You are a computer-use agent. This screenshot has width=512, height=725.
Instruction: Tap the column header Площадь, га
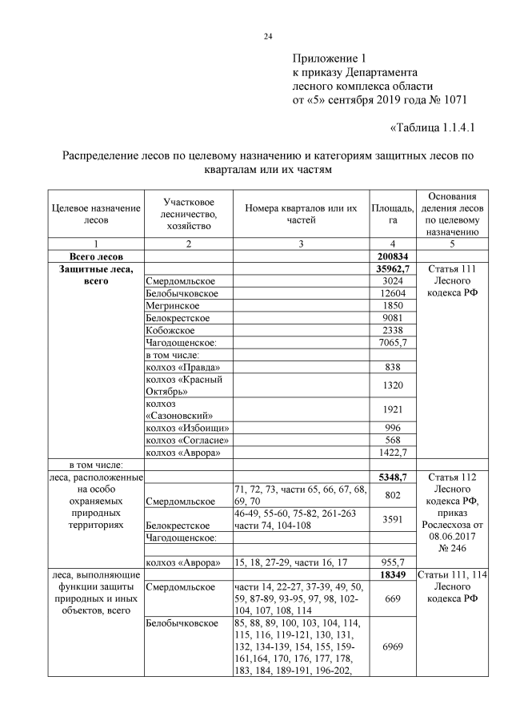pos(393,215)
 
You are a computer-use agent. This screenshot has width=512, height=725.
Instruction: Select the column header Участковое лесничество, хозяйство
pos(187,215)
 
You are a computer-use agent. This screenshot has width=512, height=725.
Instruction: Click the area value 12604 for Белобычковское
pos(393,293)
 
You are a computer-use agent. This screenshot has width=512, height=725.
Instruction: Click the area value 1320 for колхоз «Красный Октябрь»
pos(393,385)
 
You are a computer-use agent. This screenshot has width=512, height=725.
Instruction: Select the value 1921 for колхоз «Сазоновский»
pos(393,409)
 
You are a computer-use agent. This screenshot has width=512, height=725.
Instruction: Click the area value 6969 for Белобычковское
pos(393,645)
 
